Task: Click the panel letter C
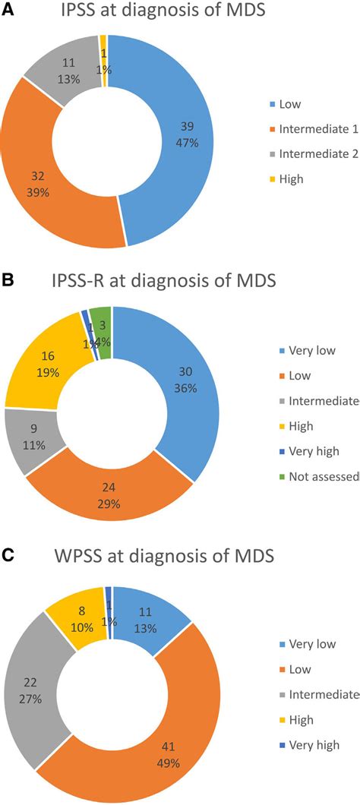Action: click(8, 557)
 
